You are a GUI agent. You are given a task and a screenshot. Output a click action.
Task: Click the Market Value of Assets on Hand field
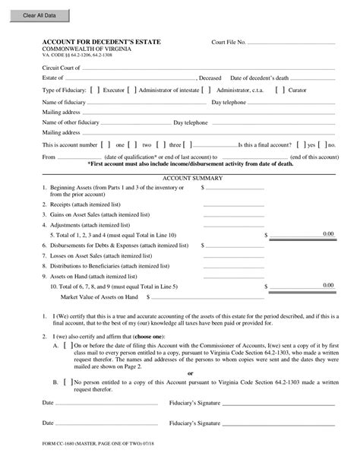tap(233, 296)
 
